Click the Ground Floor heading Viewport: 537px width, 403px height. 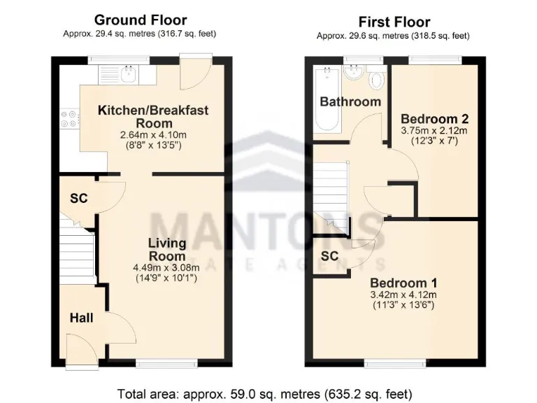click(x=140, y=20)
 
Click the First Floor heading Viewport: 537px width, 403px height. click(x=394, y=22)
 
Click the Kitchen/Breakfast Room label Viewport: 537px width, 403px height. click(x=153, y=116)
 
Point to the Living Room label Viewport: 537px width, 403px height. click(x=167, y=250)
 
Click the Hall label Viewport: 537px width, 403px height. click(x=81, y=318)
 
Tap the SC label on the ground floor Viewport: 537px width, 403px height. click(x=78, y=199)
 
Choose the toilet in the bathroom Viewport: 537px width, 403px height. click(x=376, y=78)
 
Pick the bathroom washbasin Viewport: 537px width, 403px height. click(x=354, y=72)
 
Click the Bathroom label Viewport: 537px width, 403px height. click(x=350, y=101)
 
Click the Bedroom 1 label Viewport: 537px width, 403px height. click(x=403, y=283)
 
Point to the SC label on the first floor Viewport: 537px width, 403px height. click(x=329, y=256)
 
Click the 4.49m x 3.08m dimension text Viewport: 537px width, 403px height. click(x=166, y=267)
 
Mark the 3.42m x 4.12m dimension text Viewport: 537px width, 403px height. click(x=403, y=295)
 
